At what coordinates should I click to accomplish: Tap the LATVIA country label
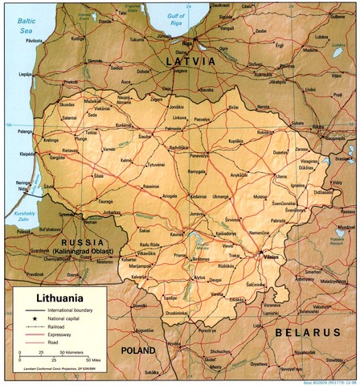[x=190, y=61]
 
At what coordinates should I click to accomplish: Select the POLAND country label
[x=139, y=351]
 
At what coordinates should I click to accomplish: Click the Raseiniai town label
[x=152, y=186]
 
